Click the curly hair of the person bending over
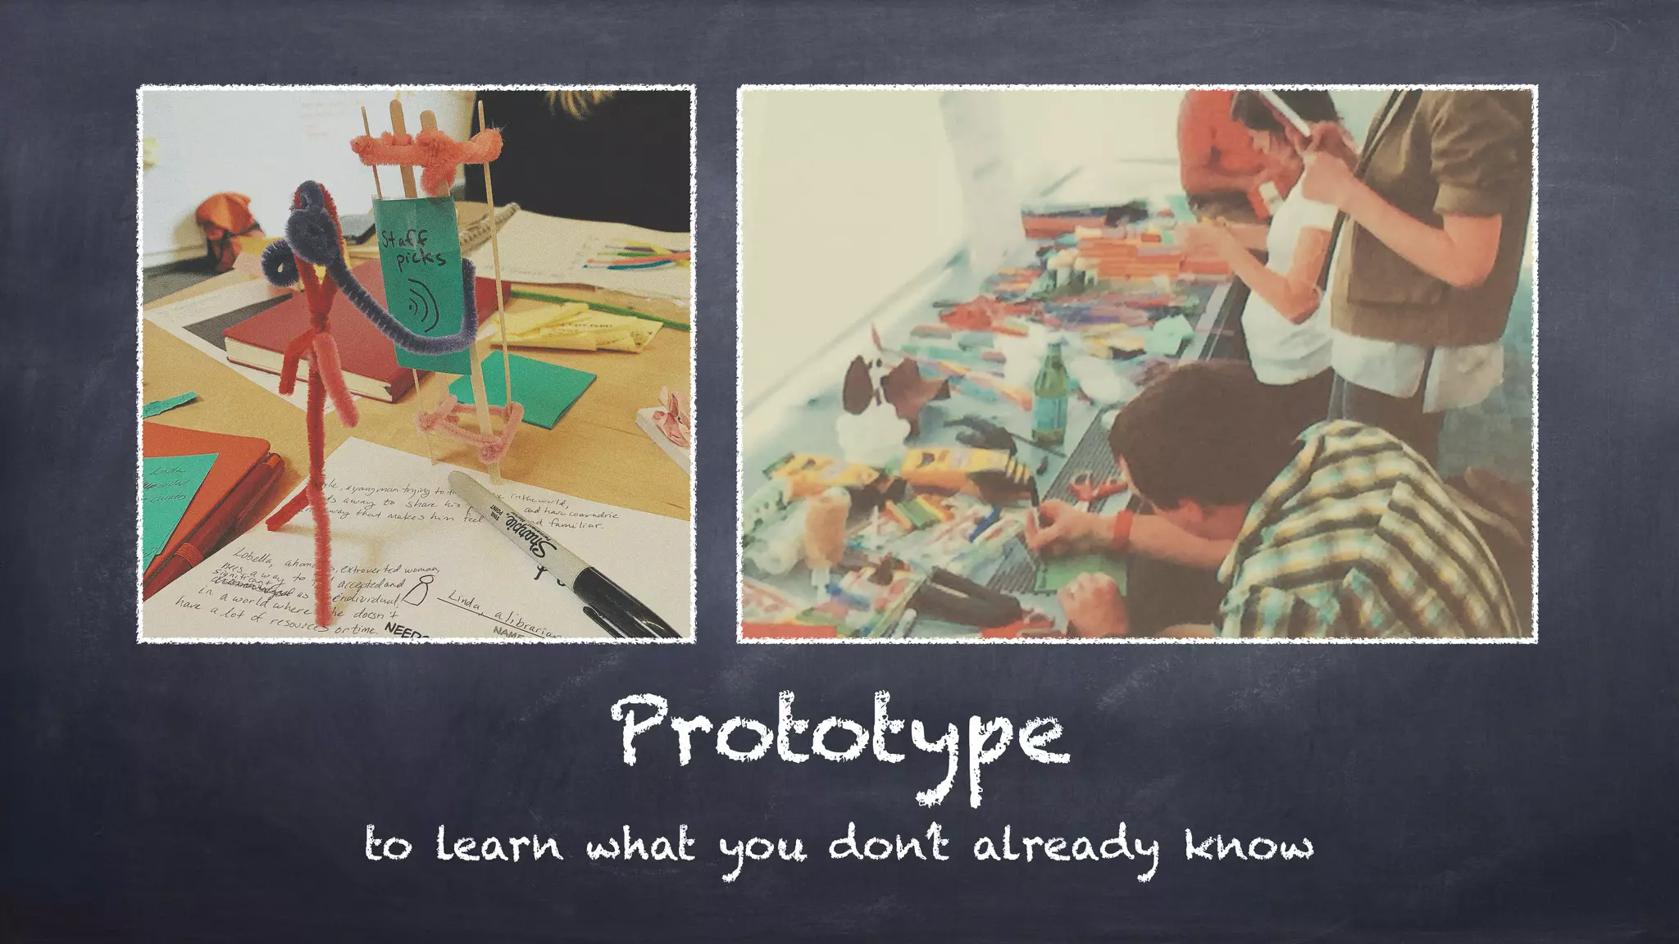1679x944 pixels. pos(1172,426)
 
